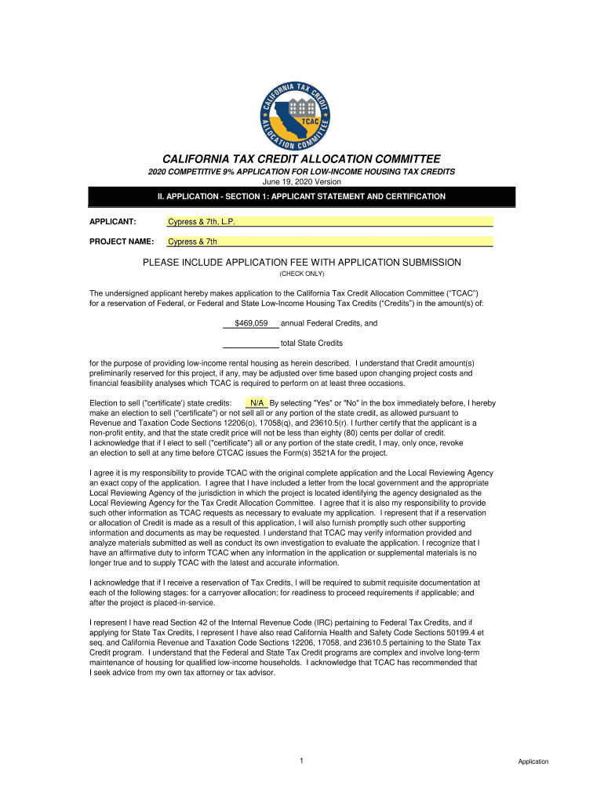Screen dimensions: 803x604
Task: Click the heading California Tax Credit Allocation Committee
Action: coord(302,158)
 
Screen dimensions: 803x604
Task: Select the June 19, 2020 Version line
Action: coord(302,182)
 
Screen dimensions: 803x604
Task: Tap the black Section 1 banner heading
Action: coord(302,197)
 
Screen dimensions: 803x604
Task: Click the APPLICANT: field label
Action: coord(113,222)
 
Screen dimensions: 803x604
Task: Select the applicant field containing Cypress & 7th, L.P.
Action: coord(329,222)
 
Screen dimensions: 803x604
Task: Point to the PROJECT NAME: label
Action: coord(122,242)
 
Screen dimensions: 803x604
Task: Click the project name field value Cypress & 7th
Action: coord(329,242)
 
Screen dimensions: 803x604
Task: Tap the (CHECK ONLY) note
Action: coord(302,274)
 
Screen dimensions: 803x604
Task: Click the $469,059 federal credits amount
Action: coord(251,323)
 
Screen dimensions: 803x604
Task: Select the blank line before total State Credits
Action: coord(250,343)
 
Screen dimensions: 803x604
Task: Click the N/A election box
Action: coord(257,402)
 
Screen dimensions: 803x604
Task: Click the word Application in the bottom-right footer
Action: coord(533,761)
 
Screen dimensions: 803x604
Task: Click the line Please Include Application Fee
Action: coord(302,262)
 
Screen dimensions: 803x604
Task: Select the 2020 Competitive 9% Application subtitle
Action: coord(302,172)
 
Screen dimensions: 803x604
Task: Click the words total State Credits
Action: coord(311,343)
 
